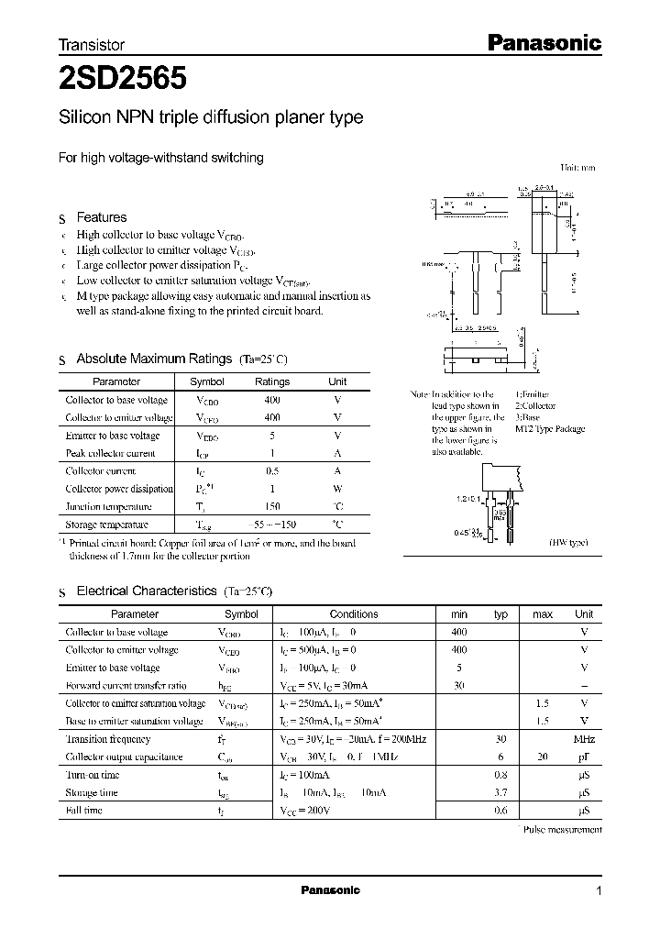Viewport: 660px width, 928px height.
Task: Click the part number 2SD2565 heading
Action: click(124, 80)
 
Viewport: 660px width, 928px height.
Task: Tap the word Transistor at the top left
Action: click(91, 44)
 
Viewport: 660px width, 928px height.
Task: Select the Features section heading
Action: click(101, 217)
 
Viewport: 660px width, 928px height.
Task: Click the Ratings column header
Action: click(271, 381)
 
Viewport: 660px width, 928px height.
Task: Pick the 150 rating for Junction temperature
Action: click(271, 506)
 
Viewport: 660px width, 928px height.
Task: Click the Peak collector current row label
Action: click(110, 453)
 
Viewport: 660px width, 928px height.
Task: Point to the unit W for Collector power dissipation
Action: click(337, 489)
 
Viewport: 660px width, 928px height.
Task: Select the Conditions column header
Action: click(353, 614)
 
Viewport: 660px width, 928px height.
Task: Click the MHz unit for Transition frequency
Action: click(584, 739)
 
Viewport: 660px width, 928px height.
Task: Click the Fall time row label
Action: click(84, 811)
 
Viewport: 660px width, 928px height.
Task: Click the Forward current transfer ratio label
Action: click(126, 686)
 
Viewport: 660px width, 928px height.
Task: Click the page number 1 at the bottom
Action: click(599, 890)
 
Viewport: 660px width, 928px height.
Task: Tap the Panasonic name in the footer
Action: click(331, 890)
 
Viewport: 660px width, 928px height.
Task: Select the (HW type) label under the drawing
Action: click(567, 543)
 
